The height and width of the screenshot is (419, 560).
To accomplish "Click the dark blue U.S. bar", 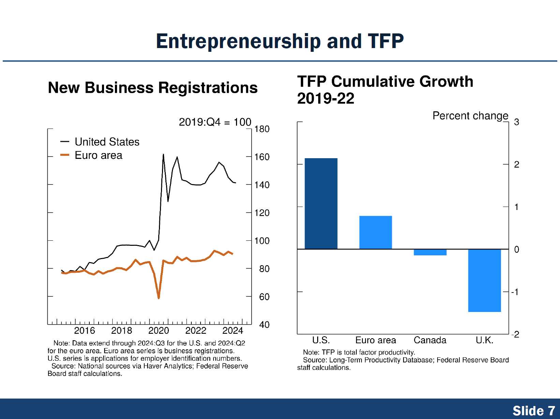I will pos(321,204).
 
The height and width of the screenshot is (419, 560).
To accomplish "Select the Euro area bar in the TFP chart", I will pos(375,233).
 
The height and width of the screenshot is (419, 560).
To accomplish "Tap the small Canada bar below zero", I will pos(430,252).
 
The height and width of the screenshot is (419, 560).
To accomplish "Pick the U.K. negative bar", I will pos(484,280).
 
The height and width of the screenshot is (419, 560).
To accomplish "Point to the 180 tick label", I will pos(262,129).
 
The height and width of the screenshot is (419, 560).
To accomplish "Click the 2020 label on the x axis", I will pos(159,331).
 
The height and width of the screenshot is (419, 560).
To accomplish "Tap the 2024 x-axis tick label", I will pos(233,331).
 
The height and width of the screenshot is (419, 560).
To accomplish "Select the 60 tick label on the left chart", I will pos(264,297).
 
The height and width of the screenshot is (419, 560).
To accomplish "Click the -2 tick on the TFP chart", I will pos(515,334).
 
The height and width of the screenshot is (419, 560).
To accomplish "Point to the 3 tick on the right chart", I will pos(517,122).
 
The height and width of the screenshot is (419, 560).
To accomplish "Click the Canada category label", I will pos(430,340).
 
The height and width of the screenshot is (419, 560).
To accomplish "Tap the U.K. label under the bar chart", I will pos(484,340).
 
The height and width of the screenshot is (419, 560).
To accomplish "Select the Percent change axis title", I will pos(470,116).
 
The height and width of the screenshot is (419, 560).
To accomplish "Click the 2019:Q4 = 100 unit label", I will pos(215,122).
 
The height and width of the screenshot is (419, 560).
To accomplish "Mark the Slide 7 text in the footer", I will pos(533,411).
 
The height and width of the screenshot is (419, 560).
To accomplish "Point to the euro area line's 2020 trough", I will pos(159,298).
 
